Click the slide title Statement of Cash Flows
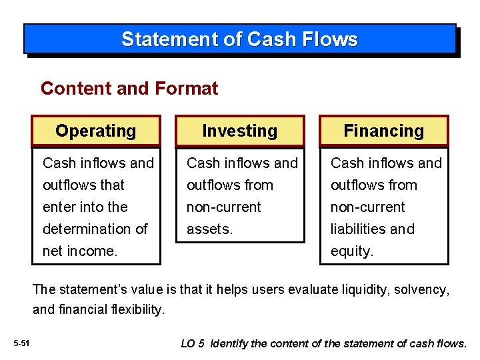click(x=239, y=39)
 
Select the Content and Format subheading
click(x=129, y=88)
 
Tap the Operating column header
click(x=95, y=131)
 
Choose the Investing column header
click(x=239, y=131)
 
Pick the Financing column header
click(x=383, y=131)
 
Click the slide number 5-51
click(x=21, y=343)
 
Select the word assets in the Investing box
click(x=208, y=229)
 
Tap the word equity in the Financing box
click(x=351, y=251)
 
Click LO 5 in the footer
click(x=193, y=344)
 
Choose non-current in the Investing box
click(x=223, y=207)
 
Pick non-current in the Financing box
click(x=367, y=207)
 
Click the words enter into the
click(x=85, y=207)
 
